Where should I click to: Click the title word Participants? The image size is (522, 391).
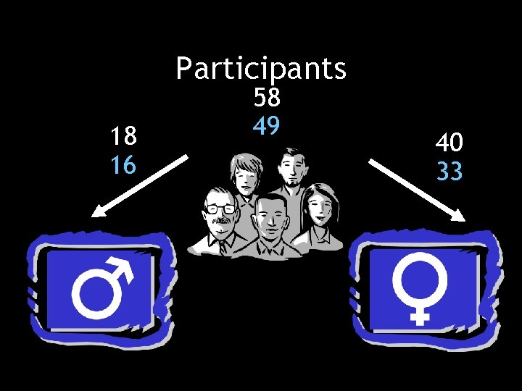(261, 69)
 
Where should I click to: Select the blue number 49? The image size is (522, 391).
(267, 126)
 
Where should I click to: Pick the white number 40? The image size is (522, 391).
(449, 143)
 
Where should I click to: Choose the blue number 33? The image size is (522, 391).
(449, 172)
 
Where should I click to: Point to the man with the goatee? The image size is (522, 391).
(291, 170)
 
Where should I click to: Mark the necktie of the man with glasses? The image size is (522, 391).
(226, 243)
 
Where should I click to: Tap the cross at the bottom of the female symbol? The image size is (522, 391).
(418, 315)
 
